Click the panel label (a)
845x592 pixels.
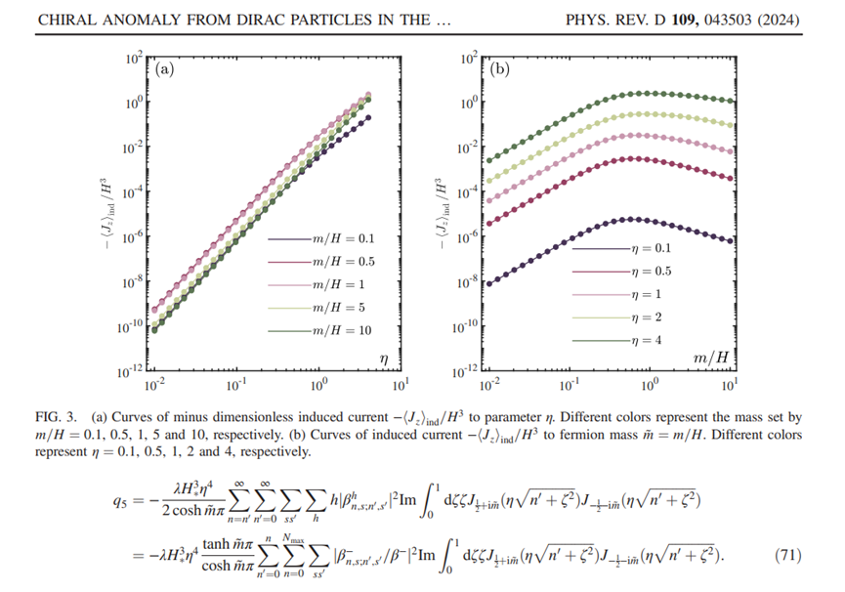(166, 69)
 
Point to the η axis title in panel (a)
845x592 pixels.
(384, 359)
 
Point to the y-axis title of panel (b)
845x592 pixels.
(446, 214)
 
